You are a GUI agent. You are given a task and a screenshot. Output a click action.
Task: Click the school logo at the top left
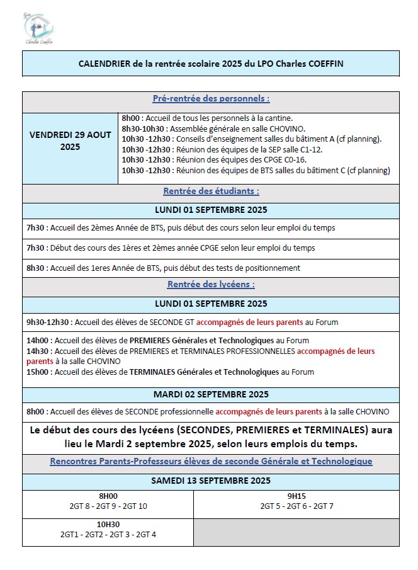click(38, 28)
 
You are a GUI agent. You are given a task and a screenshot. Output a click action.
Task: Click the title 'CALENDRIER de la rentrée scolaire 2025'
click(210, 64)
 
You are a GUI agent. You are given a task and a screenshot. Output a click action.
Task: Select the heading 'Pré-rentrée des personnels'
click(210, 99)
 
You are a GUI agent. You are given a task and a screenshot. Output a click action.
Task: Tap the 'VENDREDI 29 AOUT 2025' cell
click(70, 140)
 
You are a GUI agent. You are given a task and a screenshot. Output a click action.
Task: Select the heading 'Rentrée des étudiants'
click(210, 191)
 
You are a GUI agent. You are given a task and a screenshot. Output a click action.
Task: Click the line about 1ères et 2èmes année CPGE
click(171, 248)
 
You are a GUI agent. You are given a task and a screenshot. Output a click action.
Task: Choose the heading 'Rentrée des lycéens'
click(210, 285)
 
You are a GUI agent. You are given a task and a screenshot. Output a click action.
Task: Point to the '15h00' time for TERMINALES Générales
click(37, 372)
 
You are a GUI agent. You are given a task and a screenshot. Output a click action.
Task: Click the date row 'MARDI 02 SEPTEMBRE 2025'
click(210, 395)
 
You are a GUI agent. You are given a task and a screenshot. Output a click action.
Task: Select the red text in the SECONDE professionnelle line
click(269, 412)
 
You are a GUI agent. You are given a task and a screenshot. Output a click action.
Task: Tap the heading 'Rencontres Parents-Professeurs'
click(210, 462)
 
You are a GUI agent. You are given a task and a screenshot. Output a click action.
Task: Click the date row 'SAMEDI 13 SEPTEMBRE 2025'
click(210, 481)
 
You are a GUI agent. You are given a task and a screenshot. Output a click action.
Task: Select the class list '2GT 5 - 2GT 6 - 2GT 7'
click(297, 506)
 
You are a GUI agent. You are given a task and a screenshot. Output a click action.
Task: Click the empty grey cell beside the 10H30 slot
click(296, 530)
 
